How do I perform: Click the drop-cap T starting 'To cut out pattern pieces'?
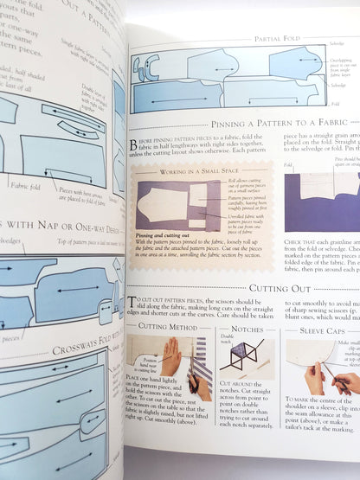[x=133, y=301]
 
